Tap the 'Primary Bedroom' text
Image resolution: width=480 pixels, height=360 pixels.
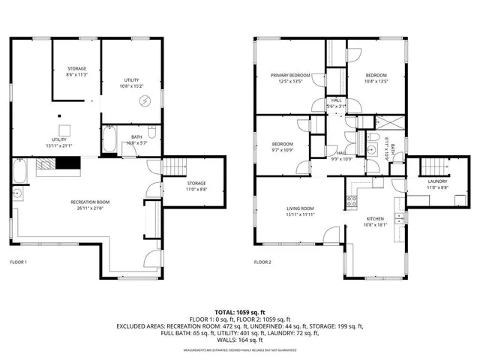[x=290, y=76]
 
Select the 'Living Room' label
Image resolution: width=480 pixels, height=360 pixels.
[x=299, y=208]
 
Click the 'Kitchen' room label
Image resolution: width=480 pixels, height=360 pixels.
[x=374, y=219]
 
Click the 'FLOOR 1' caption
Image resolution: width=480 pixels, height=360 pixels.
[x=18, y=262]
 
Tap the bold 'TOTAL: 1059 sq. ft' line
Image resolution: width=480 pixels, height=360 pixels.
[x=240, y=311]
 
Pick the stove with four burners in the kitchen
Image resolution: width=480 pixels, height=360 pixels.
[x=350, y=200]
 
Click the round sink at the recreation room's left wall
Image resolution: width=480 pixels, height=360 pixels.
[x=16, y=194]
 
